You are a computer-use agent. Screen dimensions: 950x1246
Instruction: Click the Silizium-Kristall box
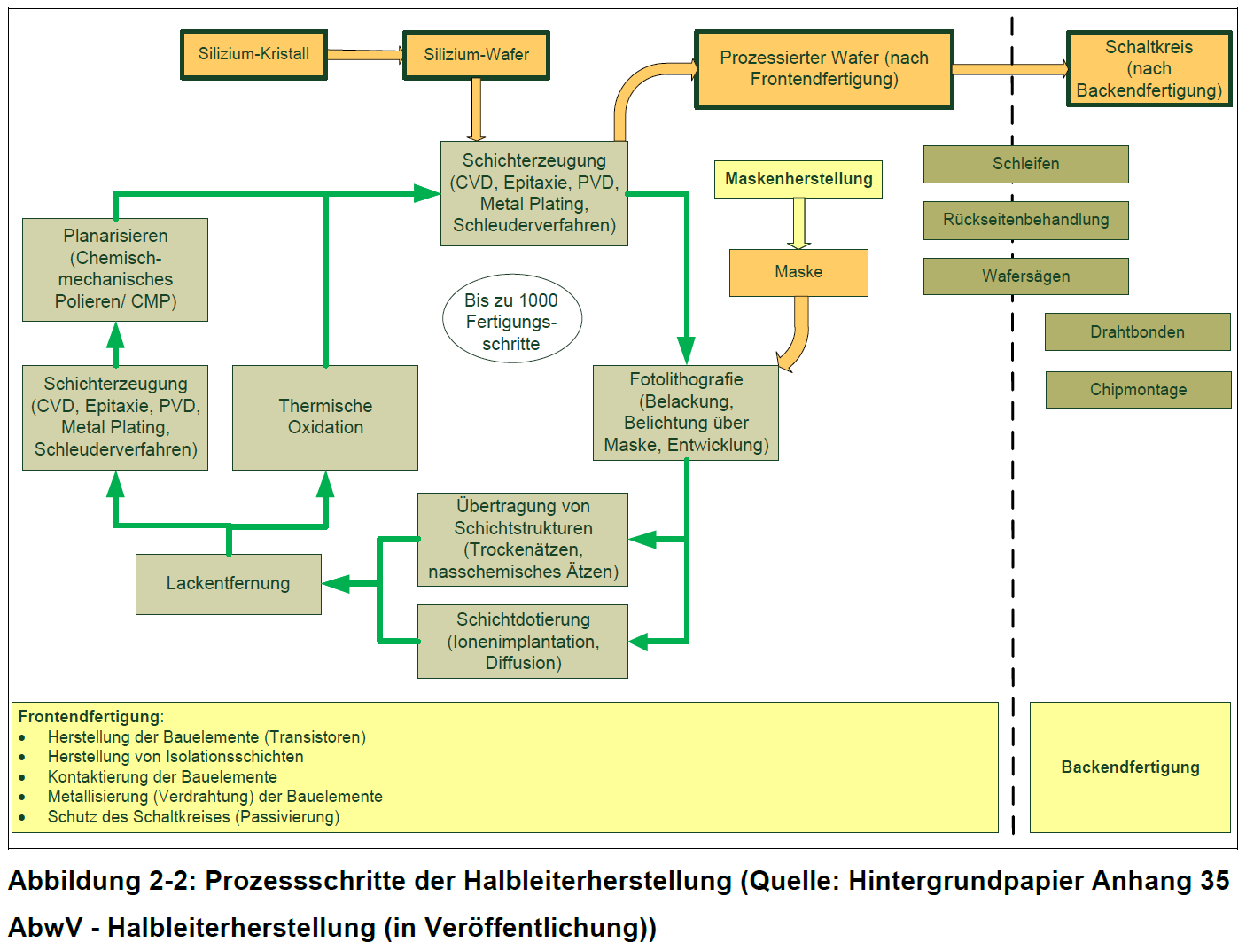(253, 54)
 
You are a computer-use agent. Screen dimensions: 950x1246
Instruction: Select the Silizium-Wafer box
(476, 55)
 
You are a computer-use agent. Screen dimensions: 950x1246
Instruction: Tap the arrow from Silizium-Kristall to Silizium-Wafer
(365, 55)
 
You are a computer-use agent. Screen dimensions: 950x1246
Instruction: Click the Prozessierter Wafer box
(823, 69)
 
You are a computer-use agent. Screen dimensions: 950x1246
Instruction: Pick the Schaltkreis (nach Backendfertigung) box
(1149, 69)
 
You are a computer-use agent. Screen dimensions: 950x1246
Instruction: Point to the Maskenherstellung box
(798, 179)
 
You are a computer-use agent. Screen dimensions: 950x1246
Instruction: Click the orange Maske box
(798, 272)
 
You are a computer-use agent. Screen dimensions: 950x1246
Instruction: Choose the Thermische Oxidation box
(324, 417)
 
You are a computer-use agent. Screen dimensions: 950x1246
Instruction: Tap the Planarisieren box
(115, 269)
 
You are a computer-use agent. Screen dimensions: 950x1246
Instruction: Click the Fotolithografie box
(685, 412)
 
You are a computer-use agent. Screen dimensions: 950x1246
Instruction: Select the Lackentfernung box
(228, 583)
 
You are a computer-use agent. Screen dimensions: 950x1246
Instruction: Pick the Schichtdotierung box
(522, 641)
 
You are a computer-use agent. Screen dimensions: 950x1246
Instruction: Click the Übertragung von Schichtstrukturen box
(522, 539)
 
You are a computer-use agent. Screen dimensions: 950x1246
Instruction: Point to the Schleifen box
(1025, 164)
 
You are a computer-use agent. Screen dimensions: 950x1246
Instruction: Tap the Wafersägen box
(1025, 276)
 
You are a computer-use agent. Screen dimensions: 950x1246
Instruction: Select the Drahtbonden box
(1137, 332)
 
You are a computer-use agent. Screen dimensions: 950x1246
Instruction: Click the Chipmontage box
(1138, 390)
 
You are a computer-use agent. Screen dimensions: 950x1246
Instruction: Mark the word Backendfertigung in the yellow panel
(1130, 767)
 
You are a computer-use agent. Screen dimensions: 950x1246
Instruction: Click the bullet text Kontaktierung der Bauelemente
(162, 777)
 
